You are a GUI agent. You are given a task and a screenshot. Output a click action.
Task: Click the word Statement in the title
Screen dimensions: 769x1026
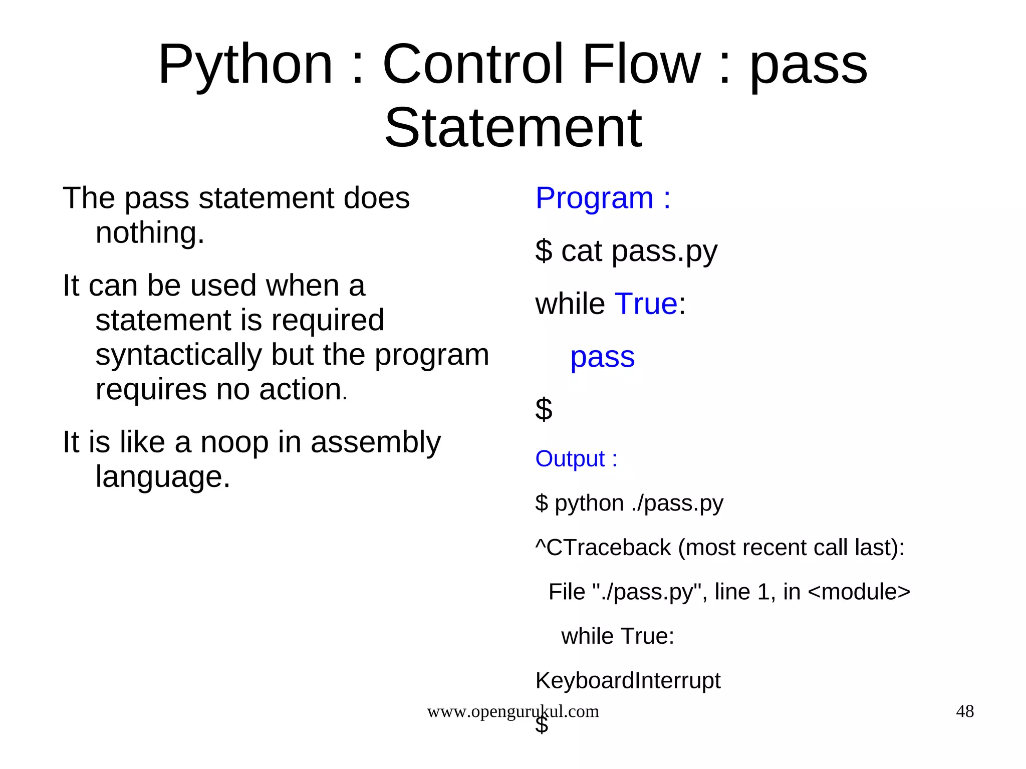pos(512,128)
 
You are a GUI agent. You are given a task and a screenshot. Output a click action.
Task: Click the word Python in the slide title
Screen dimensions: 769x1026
pos(245,65)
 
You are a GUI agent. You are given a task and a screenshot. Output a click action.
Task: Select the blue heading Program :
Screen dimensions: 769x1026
pos(603,198)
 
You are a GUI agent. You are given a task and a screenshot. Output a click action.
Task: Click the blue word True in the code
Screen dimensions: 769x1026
pos(646,304)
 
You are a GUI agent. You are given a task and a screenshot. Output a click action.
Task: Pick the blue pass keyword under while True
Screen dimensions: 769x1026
pos(602,358)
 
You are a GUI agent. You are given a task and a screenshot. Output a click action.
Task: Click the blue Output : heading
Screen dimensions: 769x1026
pos(576,459)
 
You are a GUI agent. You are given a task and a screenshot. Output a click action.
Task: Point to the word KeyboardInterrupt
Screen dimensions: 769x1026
pos(627,681)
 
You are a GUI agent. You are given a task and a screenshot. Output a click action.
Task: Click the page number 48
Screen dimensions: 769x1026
pos(964,711)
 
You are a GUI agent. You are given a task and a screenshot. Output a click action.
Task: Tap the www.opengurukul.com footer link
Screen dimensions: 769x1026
pos(512,711)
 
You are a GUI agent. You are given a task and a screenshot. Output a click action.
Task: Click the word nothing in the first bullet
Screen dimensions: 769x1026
pos(150,233)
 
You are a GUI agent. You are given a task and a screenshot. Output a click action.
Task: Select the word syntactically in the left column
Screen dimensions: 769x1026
pos(178,355)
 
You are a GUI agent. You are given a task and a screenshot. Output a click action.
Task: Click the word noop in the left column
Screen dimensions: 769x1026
pos(234,443)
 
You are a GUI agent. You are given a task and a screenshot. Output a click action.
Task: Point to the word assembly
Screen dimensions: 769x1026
pos(375,443)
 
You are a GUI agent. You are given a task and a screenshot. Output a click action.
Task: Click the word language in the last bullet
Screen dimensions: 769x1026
pos(162,477)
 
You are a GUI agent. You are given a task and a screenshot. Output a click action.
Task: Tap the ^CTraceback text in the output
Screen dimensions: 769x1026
pos(603,548)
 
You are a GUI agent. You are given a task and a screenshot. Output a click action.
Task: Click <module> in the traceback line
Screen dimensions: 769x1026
pos(859,592)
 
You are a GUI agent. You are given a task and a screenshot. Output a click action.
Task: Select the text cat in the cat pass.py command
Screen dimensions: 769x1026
pos(581,251)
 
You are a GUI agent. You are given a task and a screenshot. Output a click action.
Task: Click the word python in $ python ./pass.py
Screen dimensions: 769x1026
pos(589,503)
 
